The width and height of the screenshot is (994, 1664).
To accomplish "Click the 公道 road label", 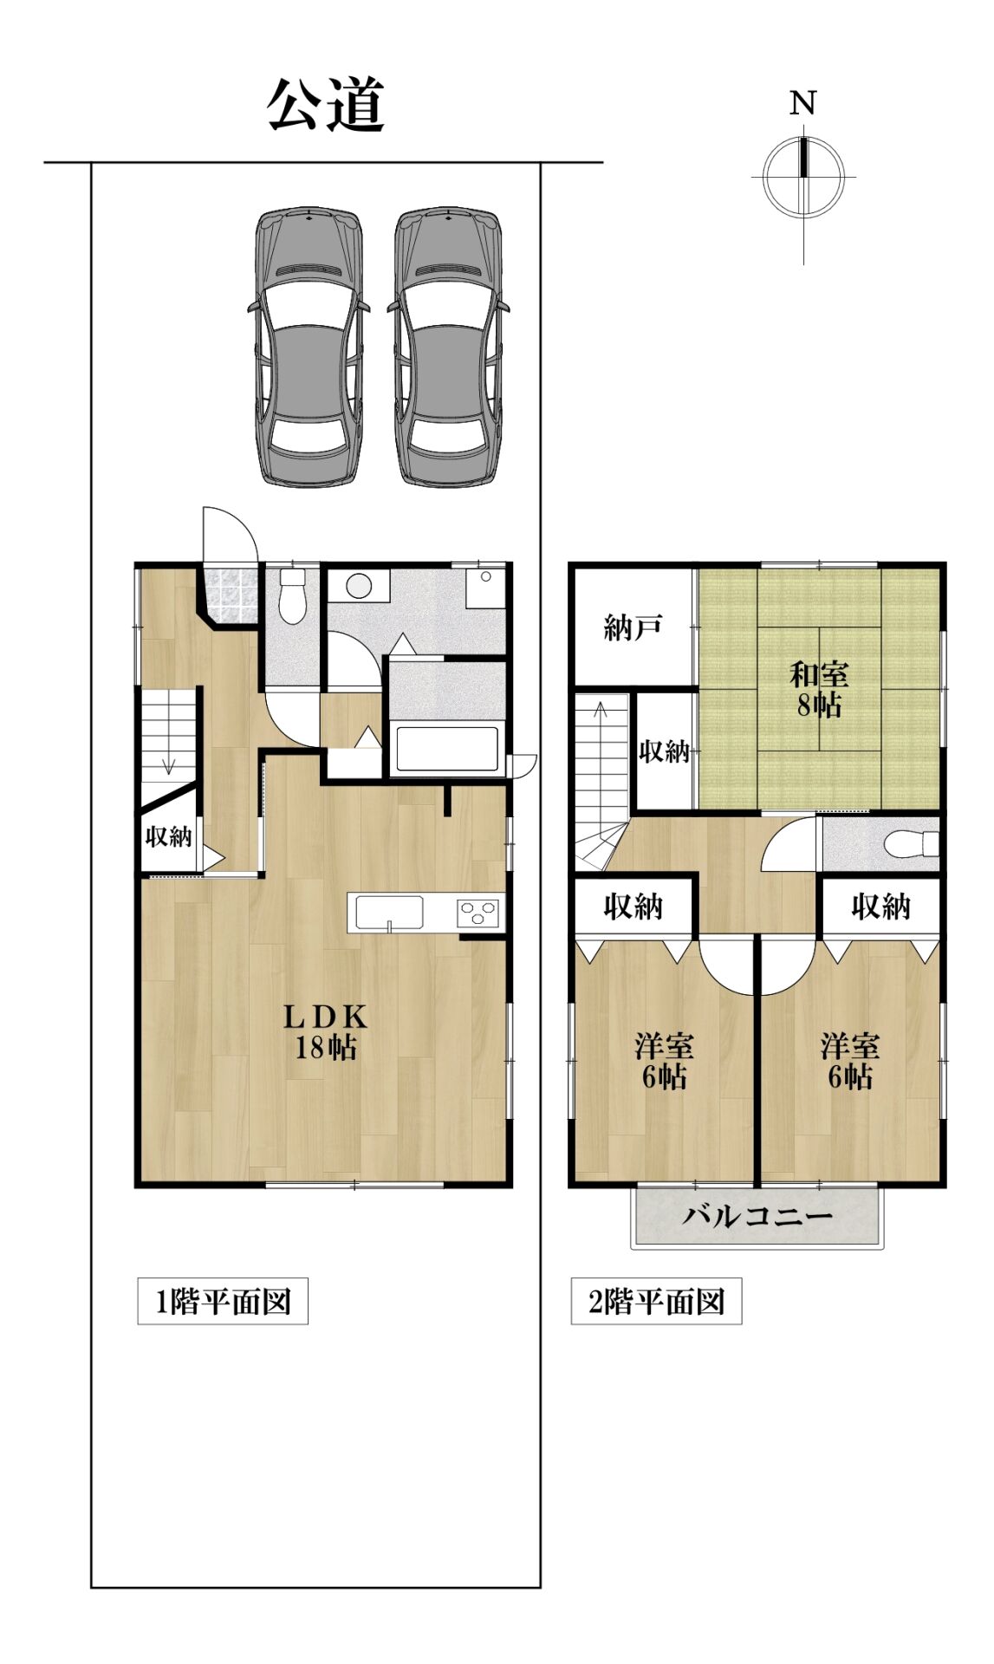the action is click(326, 106).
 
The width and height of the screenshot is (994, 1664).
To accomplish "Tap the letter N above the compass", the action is click(803, 104).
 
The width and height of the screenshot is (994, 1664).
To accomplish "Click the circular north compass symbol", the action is click(803, 177).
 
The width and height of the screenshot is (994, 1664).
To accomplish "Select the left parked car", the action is click(309, 346).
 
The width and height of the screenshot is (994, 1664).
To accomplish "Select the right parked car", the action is click(449, 346).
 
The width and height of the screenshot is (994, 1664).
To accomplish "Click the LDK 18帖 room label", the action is click(326, 1031).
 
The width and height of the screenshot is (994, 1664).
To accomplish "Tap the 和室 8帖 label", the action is click(819, 689).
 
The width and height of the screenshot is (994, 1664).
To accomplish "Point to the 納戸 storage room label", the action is click(633, 627).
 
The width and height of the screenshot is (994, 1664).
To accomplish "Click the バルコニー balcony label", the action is click(758, 1216).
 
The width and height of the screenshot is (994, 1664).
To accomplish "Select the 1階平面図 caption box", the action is click(223, 1301).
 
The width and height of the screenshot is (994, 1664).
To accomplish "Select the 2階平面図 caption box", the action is click(656, 1301).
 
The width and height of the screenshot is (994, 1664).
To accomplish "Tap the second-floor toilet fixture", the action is click(913, 843).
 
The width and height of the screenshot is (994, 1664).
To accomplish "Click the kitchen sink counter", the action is click(387, 913).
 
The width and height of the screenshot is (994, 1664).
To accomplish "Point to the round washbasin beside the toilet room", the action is click(359, 587).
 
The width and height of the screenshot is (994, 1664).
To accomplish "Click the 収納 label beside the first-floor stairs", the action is click(168, 836).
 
